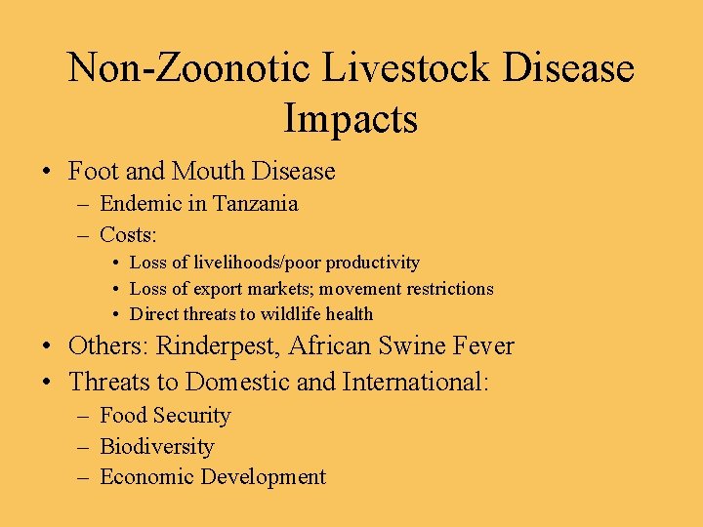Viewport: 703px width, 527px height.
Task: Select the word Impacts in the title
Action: click(x=351, y=118)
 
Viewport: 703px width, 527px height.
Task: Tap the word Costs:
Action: click(x=129, y=235)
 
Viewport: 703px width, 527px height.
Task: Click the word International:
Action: click(x=416, y=381)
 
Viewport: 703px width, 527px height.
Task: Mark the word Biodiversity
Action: click(x=156, y=447)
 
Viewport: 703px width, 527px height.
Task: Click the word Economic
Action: click(x=145, y=477)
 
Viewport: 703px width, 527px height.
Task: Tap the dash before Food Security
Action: click(x=84, y=417)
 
